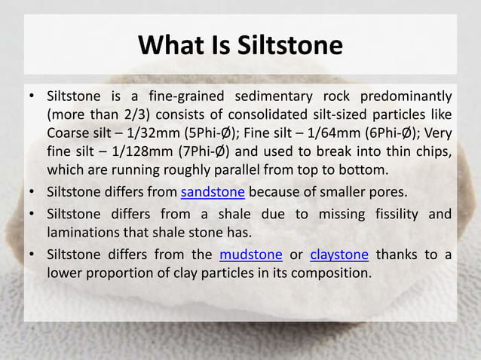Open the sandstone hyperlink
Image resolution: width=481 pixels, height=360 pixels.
tap(213, 191)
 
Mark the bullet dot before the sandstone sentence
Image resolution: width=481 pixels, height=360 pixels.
tap(31, 191)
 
